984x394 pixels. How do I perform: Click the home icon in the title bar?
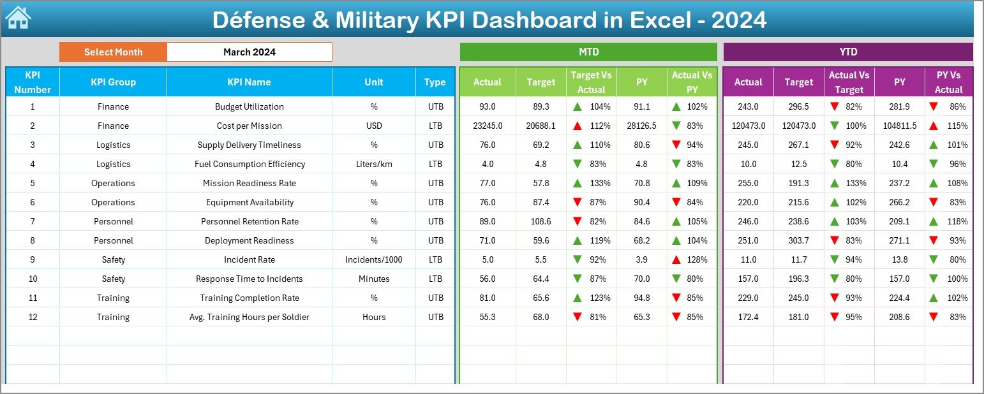[x=17, y=18]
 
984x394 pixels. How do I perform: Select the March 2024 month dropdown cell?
[x=250, y=52]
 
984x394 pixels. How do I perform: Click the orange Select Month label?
[x=113, y=52]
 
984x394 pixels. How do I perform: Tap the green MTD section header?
[x=588, y=52]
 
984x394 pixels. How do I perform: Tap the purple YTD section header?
[x=848, y=52]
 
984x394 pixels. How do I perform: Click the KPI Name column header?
[x=249, y=82]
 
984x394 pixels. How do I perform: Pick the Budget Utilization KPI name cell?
[x=249, y=107]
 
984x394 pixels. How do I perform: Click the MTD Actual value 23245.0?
[x=488, y=126]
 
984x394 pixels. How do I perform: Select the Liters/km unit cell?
[x=374, y=164]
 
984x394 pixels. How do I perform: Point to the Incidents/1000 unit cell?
[x=374, y=260]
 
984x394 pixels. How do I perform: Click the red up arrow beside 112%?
[x=577, y=126]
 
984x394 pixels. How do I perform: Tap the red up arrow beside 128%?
[x=676, y=260]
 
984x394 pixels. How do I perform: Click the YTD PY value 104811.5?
[x=900, y=126]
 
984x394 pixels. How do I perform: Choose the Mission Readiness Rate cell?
[x=249, y=184]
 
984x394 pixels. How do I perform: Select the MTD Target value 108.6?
[x=540, y=222]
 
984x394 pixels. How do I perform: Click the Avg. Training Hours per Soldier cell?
[x=249, y=317]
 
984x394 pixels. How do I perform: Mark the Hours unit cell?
[x=374, y=317]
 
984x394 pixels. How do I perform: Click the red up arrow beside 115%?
[x=933, y=126]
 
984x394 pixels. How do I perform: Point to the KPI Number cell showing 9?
[x=33, y=260]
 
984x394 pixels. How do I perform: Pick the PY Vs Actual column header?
[x=948, y=82]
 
